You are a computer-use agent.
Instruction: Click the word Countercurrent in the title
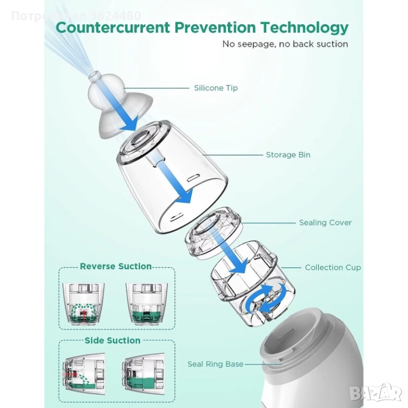click(113, 28)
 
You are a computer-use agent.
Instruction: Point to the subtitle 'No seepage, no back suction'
click(285, 44)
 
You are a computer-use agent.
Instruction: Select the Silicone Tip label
click(216, 88)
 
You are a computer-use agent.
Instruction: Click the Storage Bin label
click(288, 155)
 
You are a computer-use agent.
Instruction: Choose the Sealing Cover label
click(325, 223)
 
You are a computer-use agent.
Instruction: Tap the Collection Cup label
click(333, 268)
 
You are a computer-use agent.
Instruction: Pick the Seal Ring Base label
click(216, 364)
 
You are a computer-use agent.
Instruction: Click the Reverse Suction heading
click(116, 266)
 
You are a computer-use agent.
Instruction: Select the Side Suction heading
click(113, 341)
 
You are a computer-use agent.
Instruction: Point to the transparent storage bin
click(172, 177)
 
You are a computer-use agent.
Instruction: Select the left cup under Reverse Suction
click(83, 304)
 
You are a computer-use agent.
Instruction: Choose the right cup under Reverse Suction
click(147, 304)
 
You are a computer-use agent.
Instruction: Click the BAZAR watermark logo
click(376, 394)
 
